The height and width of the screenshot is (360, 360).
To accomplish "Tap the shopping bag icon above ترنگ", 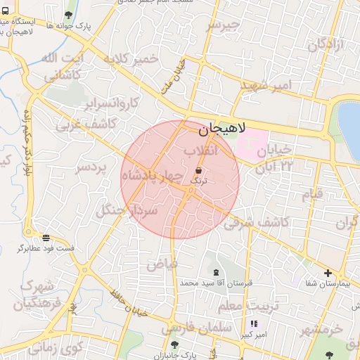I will tap(200, 169).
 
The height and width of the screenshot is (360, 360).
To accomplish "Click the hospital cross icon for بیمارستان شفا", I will tap(328, 273).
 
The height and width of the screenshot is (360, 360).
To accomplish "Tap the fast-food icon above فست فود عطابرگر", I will tap(46, 238).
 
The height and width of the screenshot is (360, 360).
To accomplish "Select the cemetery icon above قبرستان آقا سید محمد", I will tap(215, 272).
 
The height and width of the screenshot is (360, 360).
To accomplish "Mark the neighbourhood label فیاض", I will tap(162, 264).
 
